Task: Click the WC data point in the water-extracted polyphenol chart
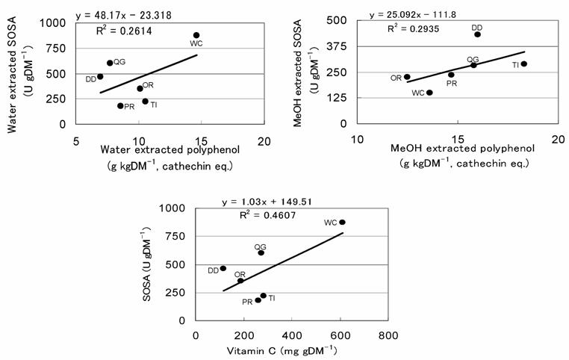tap(196, 35)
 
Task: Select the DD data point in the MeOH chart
tap(477, 34)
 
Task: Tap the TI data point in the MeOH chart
tap(524, 64)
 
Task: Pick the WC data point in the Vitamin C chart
tap(342, 223)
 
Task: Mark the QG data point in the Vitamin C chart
tap(261, 253)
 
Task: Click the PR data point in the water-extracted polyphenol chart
tap(120, 106)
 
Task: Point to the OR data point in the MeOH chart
tap(407, 77)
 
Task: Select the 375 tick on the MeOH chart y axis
tap(341, 47)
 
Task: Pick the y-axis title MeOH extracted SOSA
tap(299, 74)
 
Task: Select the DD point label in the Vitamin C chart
tap(213, 270)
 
